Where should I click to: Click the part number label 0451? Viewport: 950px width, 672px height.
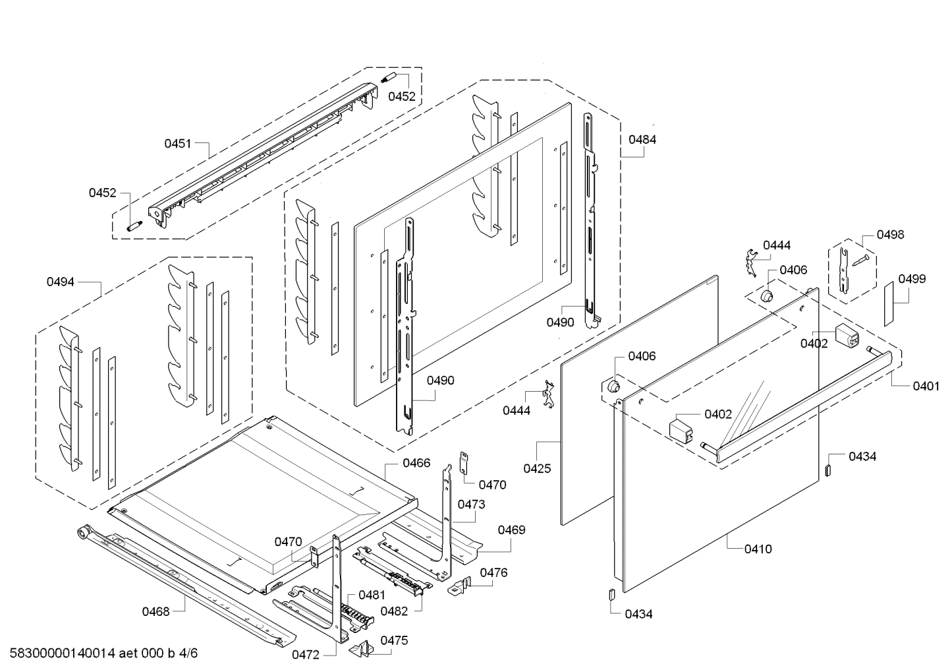click(x=178, y=143)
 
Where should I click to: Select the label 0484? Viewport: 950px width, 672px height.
click(x=642, y=140)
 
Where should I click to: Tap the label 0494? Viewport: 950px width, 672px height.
click(x=60, y=282)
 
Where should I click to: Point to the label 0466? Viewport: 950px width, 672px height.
click(x=416, y=463)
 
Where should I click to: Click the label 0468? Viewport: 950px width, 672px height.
click(x=156, y=611)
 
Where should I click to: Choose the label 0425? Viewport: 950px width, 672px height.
click(x=537, y=469)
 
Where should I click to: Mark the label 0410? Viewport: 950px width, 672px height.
click(x=758, y=549)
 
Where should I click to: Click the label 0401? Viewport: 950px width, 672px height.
click(x=926, y=386)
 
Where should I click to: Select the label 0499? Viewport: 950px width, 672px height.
click(x=912, y=279)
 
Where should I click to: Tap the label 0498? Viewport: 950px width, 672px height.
click(x=891, y=235)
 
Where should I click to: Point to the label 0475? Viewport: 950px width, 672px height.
click(x=394, y=640)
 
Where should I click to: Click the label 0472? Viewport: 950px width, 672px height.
click(x=306, y=655)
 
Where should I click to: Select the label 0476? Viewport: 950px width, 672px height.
click(x=493, y=572)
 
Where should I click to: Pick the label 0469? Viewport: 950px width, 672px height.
click(x=511, y=530)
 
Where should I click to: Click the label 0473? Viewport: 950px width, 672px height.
click(x=471, y=504)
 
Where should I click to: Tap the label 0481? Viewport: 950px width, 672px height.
click(x=372, y=595)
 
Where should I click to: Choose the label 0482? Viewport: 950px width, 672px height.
click(x=394, y=611)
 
